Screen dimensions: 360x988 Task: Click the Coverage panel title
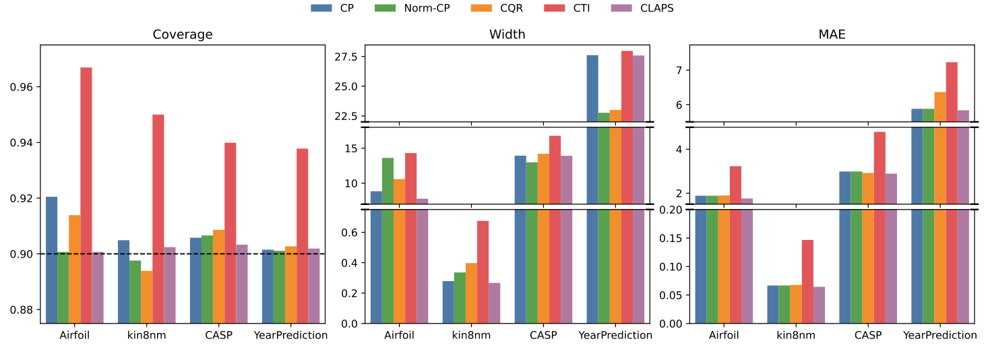point(183,35)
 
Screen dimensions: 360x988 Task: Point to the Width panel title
point(507,35)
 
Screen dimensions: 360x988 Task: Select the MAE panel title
point(832,35)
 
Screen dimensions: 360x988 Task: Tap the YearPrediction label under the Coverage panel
point(290,335)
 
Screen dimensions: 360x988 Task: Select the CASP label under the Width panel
point(543,335)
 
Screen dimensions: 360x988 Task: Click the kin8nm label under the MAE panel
point(796,335)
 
